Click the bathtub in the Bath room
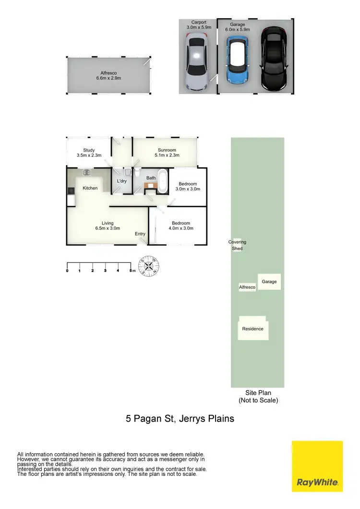click(x=162, y=181)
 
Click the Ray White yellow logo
click(x=317, y=466)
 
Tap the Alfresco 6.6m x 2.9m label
click(x=108, y=75)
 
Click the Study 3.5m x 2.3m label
click(x=89, y=153)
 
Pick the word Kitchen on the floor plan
click(x=90, y=188)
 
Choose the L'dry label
click(x=121, y=181)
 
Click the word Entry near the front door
click(x=140, y=234)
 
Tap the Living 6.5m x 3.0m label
click(x=108, y=225)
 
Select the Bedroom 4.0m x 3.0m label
click(x=181, y=225)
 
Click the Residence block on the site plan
click(x=253, y=329)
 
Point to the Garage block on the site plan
click(x=269, y=282)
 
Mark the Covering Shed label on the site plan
click(x=237, y=245)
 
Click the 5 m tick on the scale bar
click(x=131, y=271)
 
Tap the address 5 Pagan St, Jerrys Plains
click(x=180, y=418)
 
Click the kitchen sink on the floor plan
click(x=87, y=173)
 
